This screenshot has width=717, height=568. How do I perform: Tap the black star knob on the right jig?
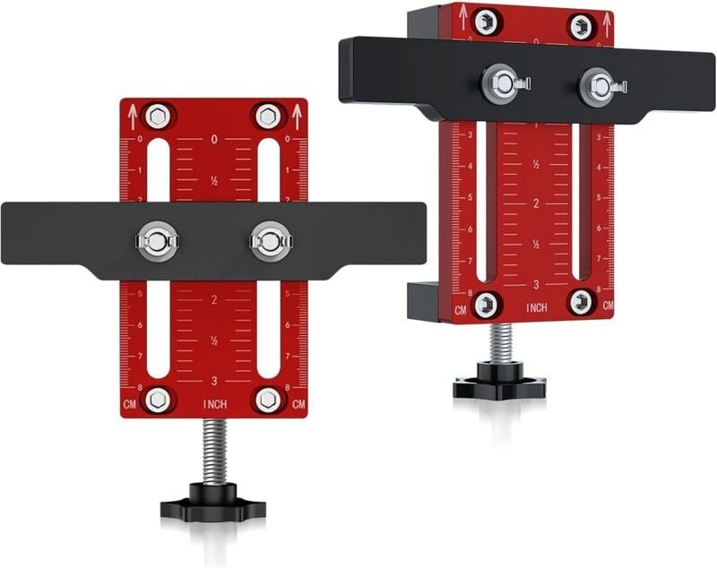499,382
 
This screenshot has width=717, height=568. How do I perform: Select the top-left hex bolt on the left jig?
157,116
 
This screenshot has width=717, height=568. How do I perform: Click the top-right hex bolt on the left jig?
268,116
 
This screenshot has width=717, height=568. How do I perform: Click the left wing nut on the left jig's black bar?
157,240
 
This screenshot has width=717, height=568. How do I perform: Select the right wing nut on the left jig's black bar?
270,240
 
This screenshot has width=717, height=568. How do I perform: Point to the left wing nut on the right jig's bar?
497,85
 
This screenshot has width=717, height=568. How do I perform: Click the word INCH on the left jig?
214,405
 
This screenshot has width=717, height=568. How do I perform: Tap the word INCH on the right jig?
537,308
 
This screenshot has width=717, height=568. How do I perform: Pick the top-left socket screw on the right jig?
486,22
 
